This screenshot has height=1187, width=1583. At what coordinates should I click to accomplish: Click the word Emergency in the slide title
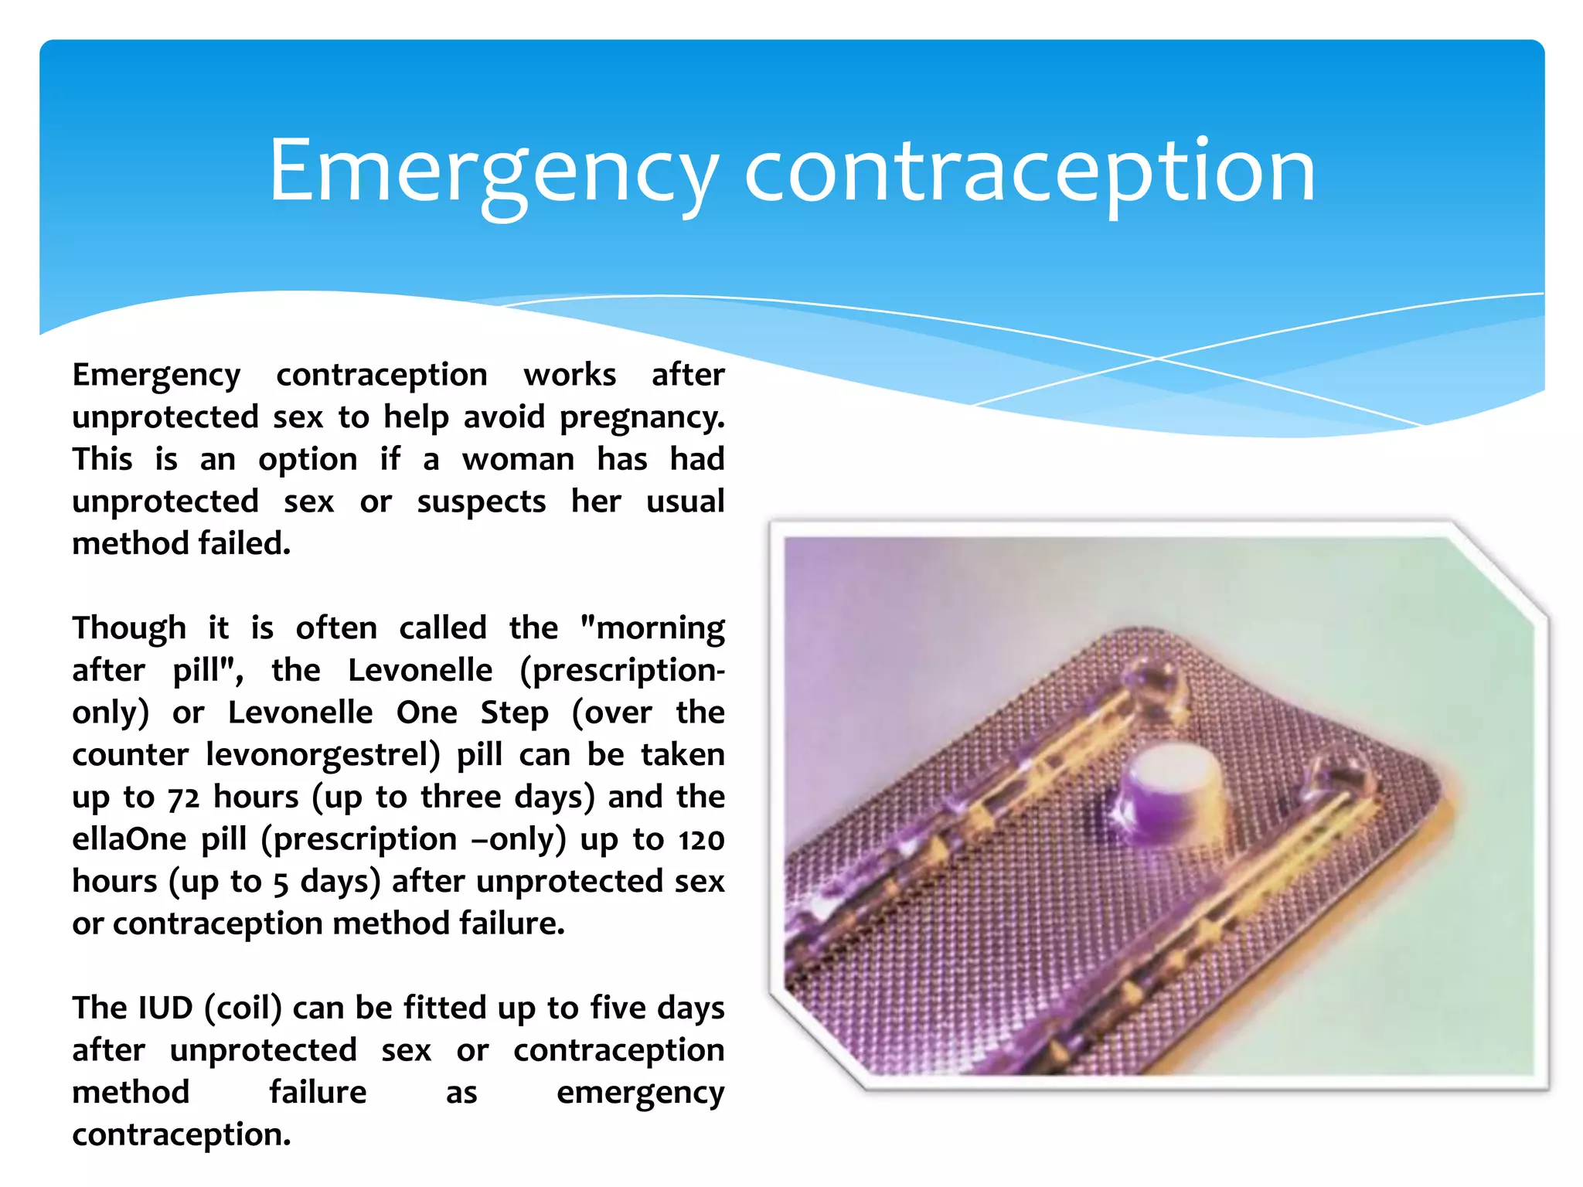click(x=493, y=172)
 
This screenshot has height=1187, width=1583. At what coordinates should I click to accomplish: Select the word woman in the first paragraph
click(x=518, y=460)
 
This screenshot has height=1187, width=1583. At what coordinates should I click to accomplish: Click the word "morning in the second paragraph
click(x=652, y=628)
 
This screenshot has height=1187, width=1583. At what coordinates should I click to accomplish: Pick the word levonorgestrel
click(x=322, y=755)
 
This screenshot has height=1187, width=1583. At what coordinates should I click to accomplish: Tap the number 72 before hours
click(x=183, y=798)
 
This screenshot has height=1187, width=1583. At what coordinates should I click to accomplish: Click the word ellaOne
click(x=129, y=840)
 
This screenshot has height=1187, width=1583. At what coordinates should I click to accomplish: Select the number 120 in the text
click(x=701, y=840)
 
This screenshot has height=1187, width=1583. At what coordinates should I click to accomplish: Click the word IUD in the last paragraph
click(x=164, y=1008)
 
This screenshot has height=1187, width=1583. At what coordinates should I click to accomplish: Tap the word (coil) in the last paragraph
click(x=243, y=1008)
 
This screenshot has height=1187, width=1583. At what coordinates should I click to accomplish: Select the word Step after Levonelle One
click(x=514, y=713)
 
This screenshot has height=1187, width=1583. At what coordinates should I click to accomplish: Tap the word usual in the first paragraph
click(x=685, y=502)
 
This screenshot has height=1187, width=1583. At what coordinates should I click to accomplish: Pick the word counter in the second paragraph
click(x=130, y=755)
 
